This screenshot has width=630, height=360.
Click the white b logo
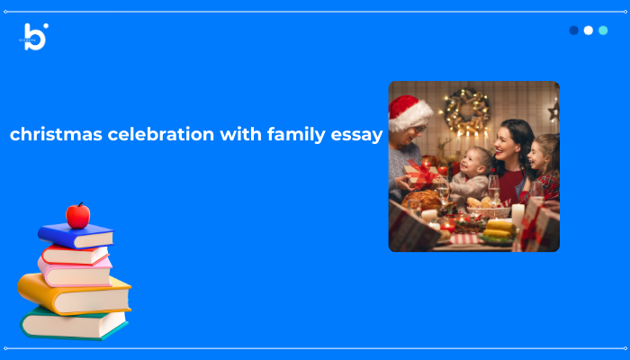click(35, 36)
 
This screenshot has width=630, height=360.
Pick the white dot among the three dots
click(589, 31)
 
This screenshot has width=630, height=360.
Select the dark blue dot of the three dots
click(574, 31)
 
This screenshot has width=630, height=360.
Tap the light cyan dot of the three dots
click(603, 31)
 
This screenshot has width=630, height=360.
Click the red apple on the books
click(78, 216)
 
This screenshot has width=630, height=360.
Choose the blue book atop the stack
click(76, 236)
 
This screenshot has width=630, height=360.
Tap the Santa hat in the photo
click(409, 111)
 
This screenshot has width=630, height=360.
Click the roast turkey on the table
click(424, 200)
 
